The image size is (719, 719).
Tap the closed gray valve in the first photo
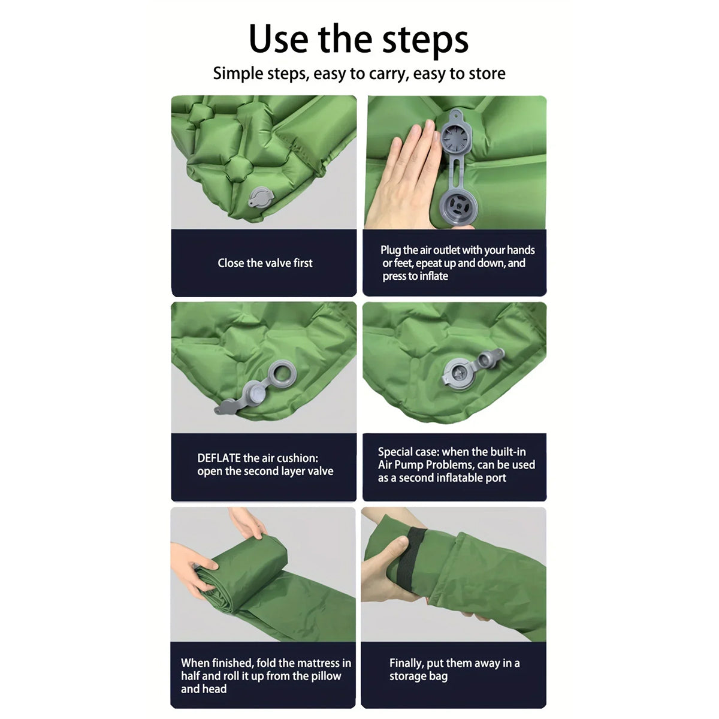[x=261, y=197]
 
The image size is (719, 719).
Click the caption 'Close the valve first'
[x=265, y=263]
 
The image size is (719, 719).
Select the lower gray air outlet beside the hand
[x=458, y=206]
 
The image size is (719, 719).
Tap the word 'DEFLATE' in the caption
[x=219, y=458]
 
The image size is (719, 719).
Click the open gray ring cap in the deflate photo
[x=282, y=374]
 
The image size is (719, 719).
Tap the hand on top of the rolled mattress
[x=248, y=522]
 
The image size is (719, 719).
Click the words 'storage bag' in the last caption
[x=418, y=676]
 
